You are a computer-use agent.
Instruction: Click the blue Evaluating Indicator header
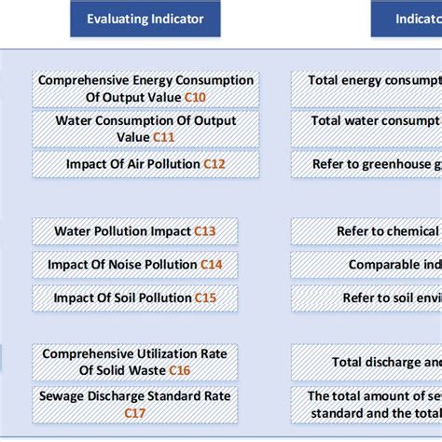(145, 19)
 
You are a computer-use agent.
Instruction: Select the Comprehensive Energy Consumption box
(145, 89)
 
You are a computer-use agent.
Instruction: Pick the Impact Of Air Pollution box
(145, 164)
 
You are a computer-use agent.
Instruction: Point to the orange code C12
(214, 164)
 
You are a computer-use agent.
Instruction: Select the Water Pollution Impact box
(135, 230)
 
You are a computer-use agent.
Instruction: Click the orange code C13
(205, 230)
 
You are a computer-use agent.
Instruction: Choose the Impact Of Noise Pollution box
(135, 265)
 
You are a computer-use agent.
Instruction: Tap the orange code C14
(212, 265)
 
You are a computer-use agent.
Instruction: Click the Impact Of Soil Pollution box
(135, 298)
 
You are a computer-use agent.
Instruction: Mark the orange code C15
(205, 298)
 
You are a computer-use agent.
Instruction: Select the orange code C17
(135, 413)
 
